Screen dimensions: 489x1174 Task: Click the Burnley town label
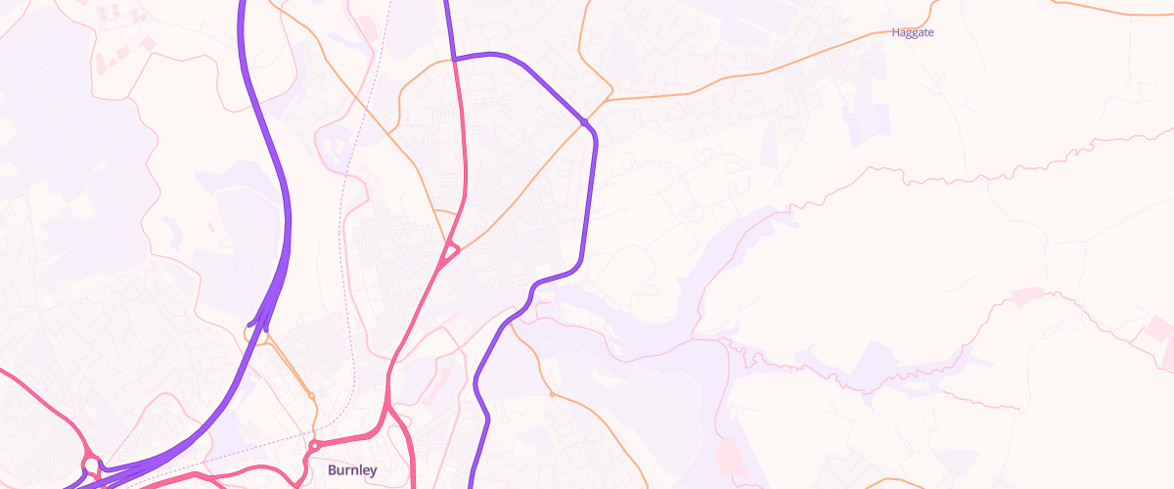tap(352, 470)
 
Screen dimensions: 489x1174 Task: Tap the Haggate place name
tap(913, 32)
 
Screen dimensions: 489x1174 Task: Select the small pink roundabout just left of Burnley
tap(314, 446)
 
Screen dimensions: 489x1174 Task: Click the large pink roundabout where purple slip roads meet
tap(91, 464)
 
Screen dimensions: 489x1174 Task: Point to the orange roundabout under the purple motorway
tap(251, 333)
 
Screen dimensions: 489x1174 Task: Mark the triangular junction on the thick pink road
tap(448, 252)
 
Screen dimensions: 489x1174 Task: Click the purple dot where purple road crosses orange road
tap(584, 121)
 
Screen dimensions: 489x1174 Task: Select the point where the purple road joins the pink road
tap(455, 60)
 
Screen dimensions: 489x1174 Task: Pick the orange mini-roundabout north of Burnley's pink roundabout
tap(311, 395)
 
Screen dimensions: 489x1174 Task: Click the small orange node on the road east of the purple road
tap(552, 394)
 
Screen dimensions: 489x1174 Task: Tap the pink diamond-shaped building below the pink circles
tap(122, 51)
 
